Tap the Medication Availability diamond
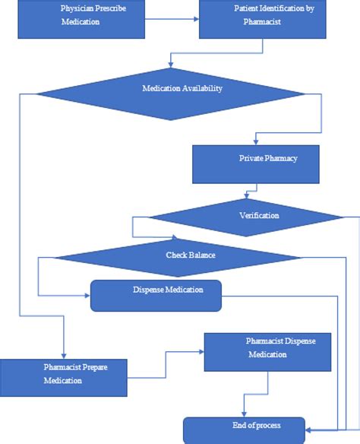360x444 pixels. [172, 94]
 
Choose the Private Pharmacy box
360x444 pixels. [255, 163]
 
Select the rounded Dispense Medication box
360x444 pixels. [156, 296]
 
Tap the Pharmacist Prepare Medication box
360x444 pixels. [63, 377]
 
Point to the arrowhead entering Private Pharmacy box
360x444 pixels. [256, 142]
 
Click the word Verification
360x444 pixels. [259, 216]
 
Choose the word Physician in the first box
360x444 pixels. [76, 8]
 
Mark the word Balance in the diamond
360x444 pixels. [201, 255]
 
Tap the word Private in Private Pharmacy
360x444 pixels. [251, 159]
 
